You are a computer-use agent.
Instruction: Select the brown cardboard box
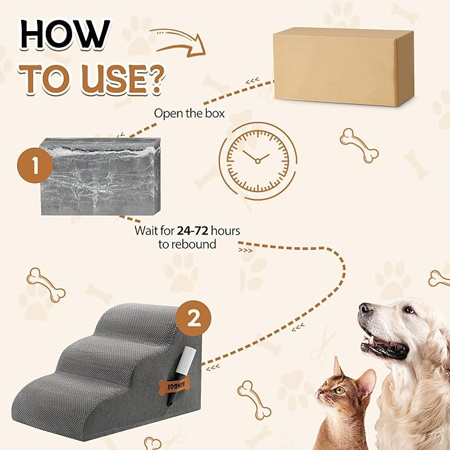(x=344, y=66)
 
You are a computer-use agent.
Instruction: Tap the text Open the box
(x=190, y=113)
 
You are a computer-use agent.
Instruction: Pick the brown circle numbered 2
(x=194, y=319)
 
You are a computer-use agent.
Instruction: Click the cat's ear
(x=339, y=368)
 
